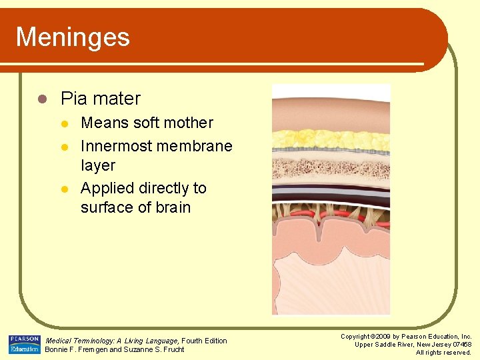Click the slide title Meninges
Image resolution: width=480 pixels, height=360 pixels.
pyautogui.click(x=73, y=37)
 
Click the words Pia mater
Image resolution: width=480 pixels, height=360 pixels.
pyautogui.click(x=101, y=99)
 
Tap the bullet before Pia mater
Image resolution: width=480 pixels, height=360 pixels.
pyautogui.click(x=41, y=99)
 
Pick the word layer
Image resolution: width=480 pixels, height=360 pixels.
pyautogui.click(x=98, y=165)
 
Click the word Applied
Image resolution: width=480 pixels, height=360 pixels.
pyautogui.click(x=107, y=188)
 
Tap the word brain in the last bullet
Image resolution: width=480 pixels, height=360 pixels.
pyautogui.click(x=173, y=207)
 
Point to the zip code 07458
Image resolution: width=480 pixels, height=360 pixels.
pyautogui.click(x=460, y=345)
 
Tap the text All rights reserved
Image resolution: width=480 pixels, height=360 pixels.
pyautogui.click(x=443, y=353)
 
